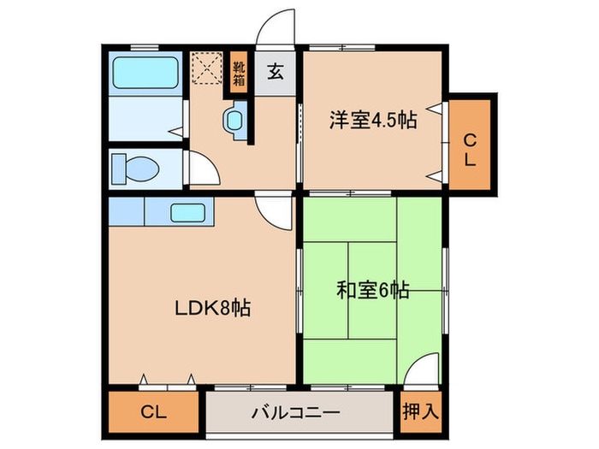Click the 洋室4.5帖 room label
pyautogui.click(x=372, y=121)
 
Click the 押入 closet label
pyautogui.click(x=421, y=411)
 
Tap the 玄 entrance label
pyautogui.click(x=276, y=72)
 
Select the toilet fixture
pyautogui.click(x=135, y=167)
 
